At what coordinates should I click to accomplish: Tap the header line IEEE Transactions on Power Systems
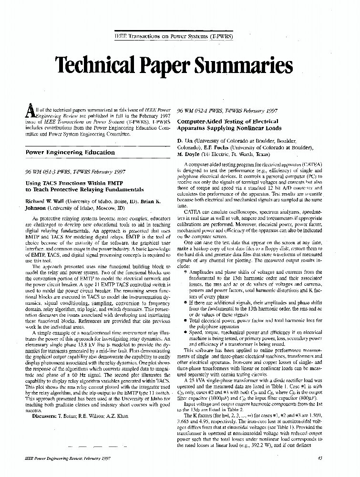[x=180, y=36]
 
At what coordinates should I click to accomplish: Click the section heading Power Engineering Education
[x=70, y=153]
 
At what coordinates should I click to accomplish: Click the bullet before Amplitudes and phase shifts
[x=186, y=272]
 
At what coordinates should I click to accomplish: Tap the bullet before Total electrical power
[x=186, y=321]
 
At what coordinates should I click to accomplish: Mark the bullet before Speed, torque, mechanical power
[x=186, y=332]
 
